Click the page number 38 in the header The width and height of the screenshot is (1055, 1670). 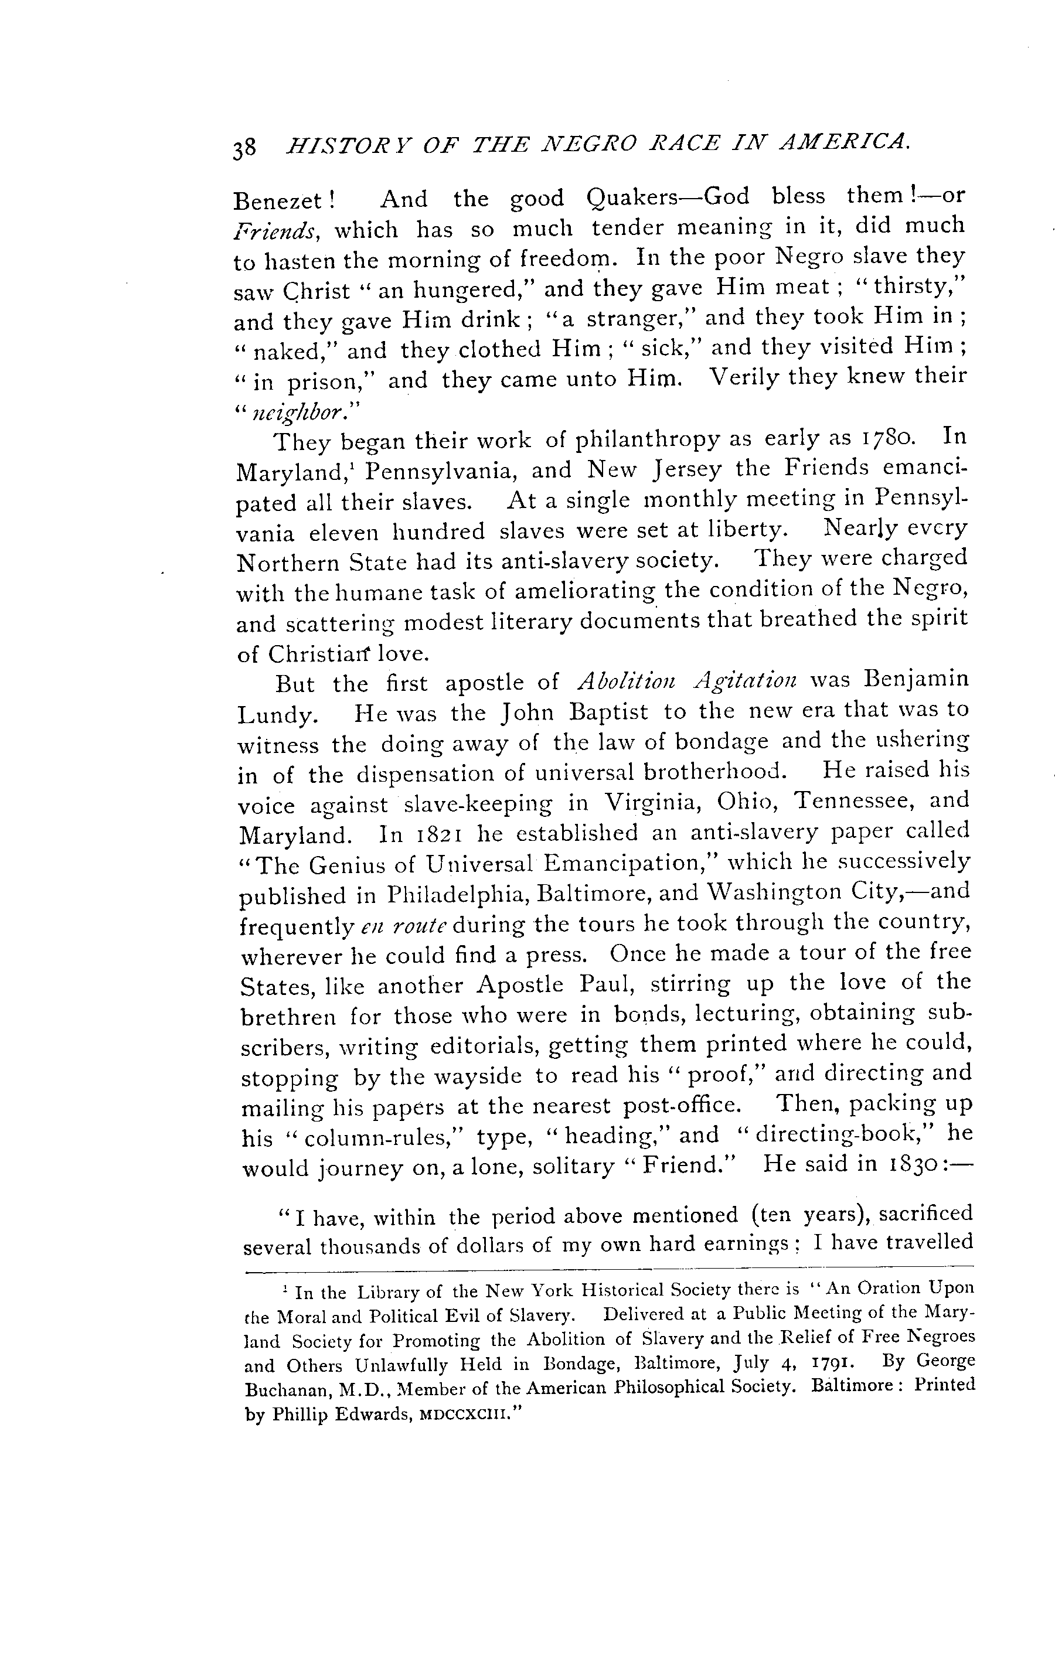coord(246,147)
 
